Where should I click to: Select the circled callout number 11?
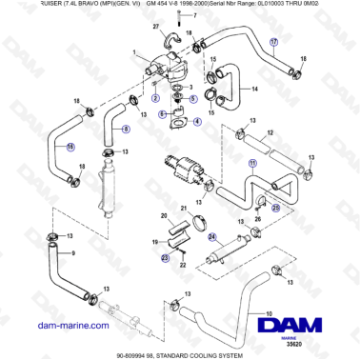click(252, 163)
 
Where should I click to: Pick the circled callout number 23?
click(164, 255)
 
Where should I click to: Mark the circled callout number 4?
click(197, 122)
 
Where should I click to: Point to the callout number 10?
click(269, 314)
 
